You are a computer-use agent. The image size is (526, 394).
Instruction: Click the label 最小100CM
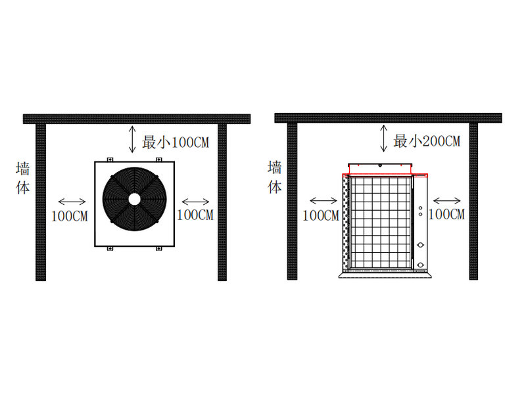click(x=176, y=142)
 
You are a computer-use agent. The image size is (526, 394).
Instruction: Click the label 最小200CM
click(x=427, y=141)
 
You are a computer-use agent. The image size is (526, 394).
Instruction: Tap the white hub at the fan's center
click(x=135, y=199)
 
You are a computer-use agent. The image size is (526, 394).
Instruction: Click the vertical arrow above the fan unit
click(x=133, y=139)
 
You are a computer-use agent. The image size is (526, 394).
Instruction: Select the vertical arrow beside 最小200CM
click(x=384, y=138)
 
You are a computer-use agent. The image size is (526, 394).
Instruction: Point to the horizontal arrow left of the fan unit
click(x=72, y=202)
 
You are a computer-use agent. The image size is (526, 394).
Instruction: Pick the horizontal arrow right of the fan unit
click(x=195, y=202)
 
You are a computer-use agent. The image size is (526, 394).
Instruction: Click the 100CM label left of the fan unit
click(x=70, y=217)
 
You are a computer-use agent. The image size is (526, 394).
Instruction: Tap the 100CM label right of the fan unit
click(x=195, y=215)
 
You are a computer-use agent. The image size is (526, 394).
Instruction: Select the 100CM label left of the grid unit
click(x=321, y=215)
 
